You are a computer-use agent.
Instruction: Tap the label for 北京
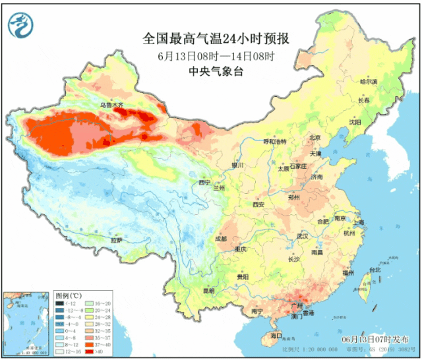coord(315,138)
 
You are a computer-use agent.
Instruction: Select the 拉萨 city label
coord(116,241)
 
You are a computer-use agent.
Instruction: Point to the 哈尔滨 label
coord(369,82)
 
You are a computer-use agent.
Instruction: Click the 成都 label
coord(220,239)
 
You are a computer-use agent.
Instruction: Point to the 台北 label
coord(374,270)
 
